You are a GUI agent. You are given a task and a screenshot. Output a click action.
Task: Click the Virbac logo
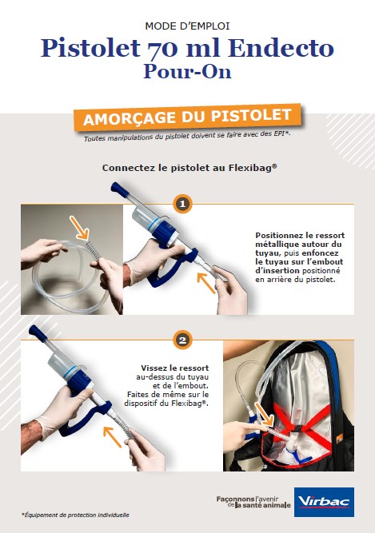click(324, 502)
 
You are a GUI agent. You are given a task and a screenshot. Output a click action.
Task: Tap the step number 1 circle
click(182, 204)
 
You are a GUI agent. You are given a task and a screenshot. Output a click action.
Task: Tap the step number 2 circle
click(182, 340)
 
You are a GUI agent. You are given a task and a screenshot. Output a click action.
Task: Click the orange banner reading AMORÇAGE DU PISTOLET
click(188, 117)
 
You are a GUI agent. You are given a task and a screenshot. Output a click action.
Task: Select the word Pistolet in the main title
click(90, 48)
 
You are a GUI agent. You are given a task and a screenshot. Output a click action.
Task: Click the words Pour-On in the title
click(187, 71)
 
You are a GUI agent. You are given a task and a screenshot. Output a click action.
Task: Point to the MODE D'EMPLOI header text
click(187, 26)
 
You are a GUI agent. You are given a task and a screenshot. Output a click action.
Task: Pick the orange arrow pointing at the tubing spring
click(79, 228)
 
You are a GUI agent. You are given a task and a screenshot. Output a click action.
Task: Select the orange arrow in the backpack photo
click(263, 414)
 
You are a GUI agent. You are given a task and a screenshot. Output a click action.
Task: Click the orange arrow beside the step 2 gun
click(112, 437)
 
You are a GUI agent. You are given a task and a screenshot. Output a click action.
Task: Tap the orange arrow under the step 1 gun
click(206, 283)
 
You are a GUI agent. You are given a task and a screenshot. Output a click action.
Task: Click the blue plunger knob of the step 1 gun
click(118, 189)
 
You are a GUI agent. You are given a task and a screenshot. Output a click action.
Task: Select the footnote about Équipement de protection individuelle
click(75, 515)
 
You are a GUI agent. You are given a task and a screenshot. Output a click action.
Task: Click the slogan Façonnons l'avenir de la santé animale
click(253, 502)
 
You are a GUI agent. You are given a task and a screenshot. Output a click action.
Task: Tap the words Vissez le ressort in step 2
click(175, 368)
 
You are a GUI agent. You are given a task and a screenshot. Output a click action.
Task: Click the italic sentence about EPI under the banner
click(187, 136)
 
